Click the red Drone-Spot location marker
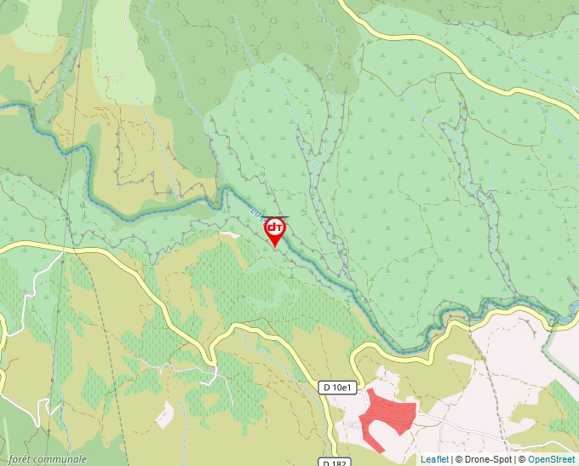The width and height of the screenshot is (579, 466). [x=275, y=230]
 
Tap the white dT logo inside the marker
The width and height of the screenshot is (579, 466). [x=275, y=227]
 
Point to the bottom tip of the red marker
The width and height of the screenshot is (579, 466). [x=275, y=247]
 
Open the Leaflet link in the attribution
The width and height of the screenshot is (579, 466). [x=434, y=459]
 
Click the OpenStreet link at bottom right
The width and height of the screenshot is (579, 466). [x=551, y=459]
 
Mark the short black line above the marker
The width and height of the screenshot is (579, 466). [x=277, y=217]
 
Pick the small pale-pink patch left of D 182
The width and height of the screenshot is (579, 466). [x=165, y=413]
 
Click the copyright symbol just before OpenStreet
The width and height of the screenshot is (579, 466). [x=522, y=459]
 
